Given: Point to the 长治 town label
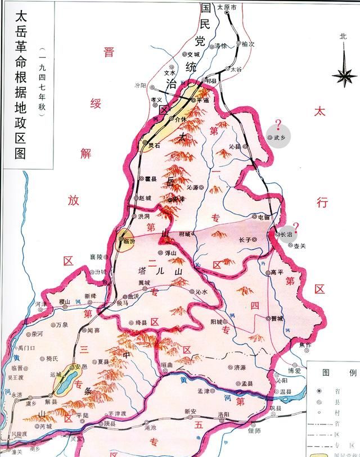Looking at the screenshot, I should click(x=286, y=234).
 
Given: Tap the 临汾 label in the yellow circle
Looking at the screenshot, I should click(x=129, y=241).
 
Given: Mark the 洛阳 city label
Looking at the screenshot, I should click(x=222, y=414).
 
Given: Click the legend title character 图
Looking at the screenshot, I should click(x=326, y=372).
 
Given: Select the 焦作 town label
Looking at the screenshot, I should click(x=305, y=345).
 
